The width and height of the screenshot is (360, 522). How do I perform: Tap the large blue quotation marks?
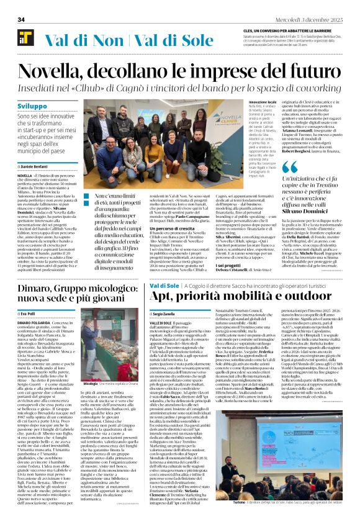290,167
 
